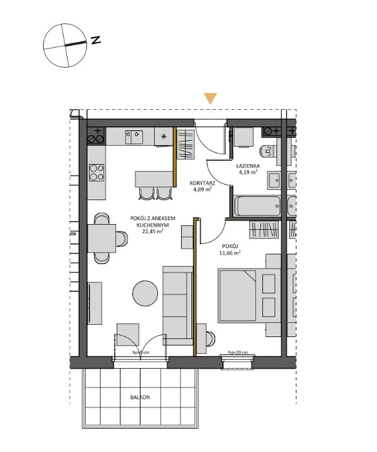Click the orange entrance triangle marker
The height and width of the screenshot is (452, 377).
click(x=210, y=99)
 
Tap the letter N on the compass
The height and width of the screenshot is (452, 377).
click(x=96, y=40)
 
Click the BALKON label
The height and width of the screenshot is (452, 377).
click(x=140, y=398)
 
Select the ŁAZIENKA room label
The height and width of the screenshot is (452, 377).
click(x=247, y=165)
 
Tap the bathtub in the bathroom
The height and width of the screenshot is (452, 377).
click(x=257, y=207)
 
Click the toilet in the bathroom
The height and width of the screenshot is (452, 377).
click(x=266, y=152)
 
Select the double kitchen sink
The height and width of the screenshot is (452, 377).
click(x=136, y=136)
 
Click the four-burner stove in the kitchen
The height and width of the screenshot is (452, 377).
click(x=96, y=172)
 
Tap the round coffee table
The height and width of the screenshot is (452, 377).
click(x=144, y=293)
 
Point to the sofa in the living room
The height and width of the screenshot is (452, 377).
click(x=177, y=300)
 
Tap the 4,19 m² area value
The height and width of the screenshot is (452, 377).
click(x=247, y=172)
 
